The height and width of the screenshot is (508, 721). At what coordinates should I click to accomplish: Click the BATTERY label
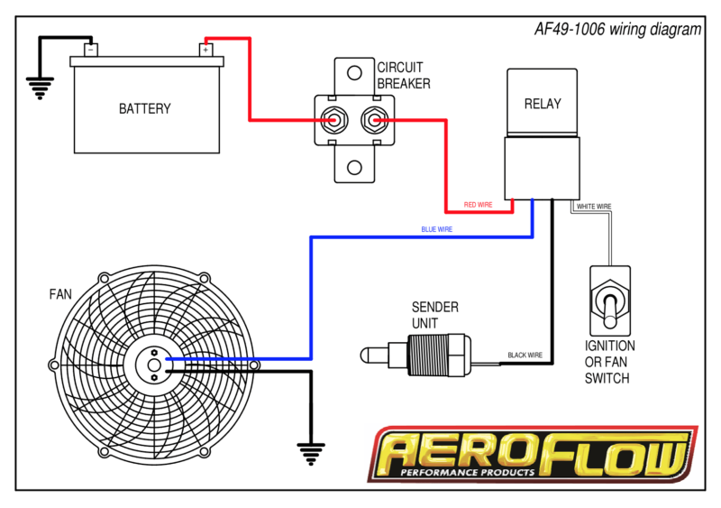(x=144, y=109)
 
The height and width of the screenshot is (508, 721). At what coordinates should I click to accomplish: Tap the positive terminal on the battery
(x=205, y=50)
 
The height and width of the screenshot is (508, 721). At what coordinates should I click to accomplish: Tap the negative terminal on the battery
(x=90, y=50)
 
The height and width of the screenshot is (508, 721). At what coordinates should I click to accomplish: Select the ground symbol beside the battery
(x=38, y=88)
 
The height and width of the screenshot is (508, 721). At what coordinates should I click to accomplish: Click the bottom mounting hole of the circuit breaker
(x=354, y=168)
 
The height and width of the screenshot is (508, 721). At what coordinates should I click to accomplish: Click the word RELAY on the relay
(x=542, y=104)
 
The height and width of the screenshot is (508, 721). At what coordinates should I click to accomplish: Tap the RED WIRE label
(x=478, y=206)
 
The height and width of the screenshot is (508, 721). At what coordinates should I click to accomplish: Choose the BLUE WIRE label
(x=436, y=230)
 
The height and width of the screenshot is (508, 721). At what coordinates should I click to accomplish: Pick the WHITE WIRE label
(x=593, y=207)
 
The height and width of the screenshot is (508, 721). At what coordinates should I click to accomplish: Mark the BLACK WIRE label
(x=525, y=355)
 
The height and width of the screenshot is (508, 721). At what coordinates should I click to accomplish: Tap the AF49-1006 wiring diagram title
(x=616, y=30)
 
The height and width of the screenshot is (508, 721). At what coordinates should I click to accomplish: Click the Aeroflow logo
(x=533, y=454)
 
